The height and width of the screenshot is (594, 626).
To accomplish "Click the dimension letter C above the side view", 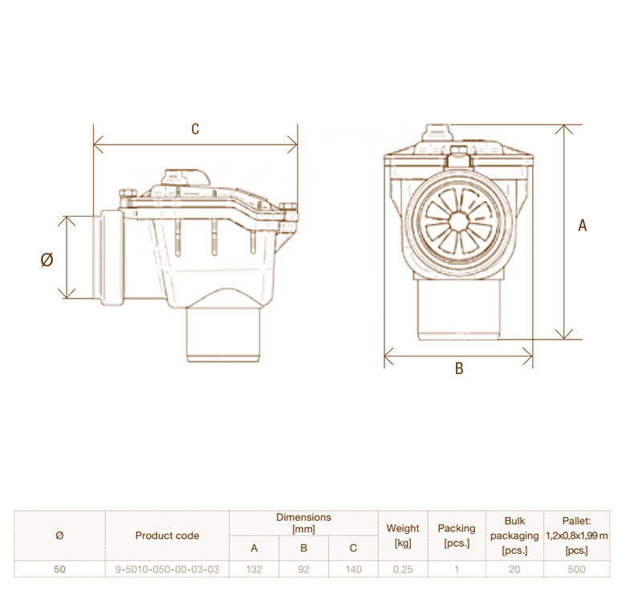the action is click(x=195, y=129).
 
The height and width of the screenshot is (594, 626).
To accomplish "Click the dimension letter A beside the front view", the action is click(x=583, y=226).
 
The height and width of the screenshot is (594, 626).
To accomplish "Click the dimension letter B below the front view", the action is click(x=459, y=368).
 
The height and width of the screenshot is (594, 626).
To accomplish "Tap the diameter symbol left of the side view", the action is click(x=47, y=260).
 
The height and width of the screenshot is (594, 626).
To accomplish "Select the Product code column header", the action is click(x=167, y=535).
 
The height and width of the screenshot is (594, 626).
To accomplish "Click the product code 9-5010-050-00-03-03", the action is click(x=167, y=569).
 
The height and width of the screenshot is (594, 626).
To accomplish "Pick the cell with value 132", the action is click(x=254, y=569).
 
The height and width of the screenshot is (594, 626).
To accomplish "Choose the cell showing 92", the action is click(x=304, y=569).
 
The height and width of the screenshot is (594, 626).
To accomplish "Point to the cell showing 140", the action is click(x=353, y=569).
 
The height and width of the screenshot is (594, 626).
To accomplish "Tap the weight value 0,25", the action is click(x=403, y=569).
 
